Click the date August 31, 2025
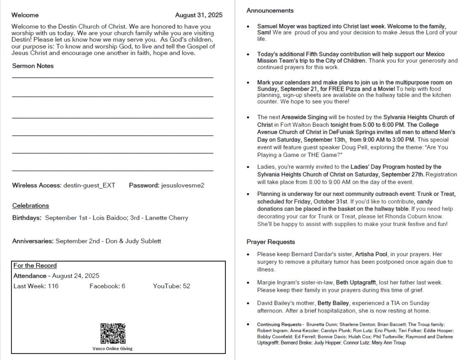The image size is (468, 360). (x=199, y=15)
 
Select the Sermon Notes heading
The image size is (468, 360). (x=33, y=66)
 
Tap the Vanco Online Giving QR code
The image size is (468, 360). (x=113, y=333)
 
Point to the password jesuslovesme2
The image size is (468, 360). (x=183, y=185)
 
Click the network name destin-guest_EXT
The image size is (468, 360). (x=90, y=185)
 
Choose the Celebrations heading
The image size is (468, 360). (x=31, y=206)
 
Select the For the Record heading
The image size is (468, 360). (x=35, y=265)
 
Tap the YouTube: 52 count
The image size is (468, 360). (x=171, y=286)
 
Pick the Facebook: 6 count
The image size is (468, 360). (x=107, y=286)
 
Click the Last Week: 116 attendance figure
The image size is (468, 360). (x=36, y=286)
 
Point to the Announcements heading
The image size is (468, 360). (x=270, y=11)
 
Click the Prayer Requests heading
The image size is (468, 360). (x=271, y=242)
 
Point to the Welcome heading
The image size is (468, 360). (x=25, y=15)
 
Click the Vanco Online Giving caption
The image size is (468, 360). (x=112, y=348)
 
